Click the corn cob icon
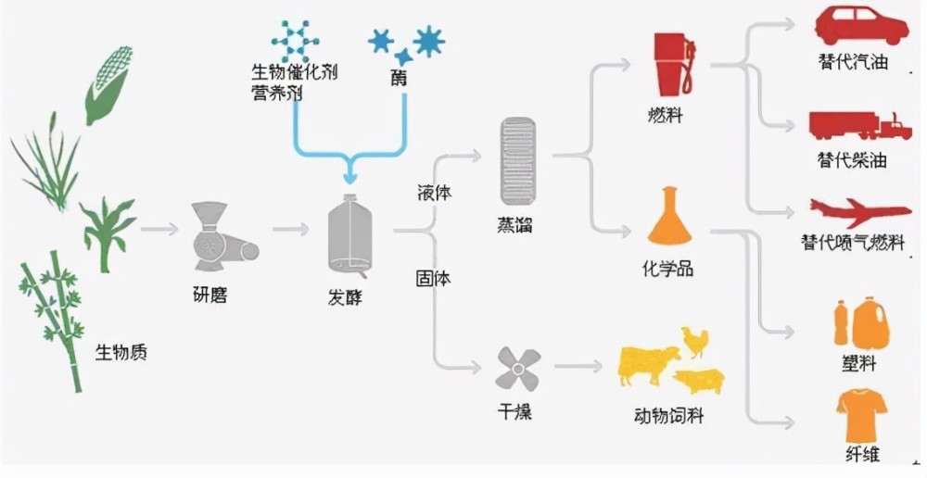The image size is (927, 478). pyautogui.click(x=109, y=85)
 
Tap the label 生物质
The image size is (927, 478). pyautogui.click(x=121, y=352)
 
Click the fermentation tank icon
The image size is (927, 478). pyautogui.click(x=350, y=237)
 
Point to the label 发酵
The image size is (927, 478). pyautogui.click(x=345, y=297)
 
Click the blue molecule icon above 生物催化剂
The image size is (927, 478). pyautogui.click(x=295, y=41)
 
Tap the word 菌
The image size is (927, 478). pyautogui.click(x=399, y=78)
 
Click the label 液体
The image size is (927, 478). pyautogui.click(x=434, y=194)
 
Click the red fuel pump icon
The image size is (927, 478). pyautogui.click(x=674, y=64)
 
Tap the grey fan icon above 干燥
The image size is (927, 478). pyautogui.click(x=518, y=370)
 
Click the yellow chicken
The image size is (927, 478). pyautogui.click(x=694, y=342)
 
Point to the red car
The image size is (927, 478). pyautogui.click(x=861, y=26)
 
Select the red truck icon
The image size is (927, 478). pyautogui.click(x=860, y=126)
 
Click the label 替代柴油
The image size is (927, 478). pyautogui.click(x=853, y=160)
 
